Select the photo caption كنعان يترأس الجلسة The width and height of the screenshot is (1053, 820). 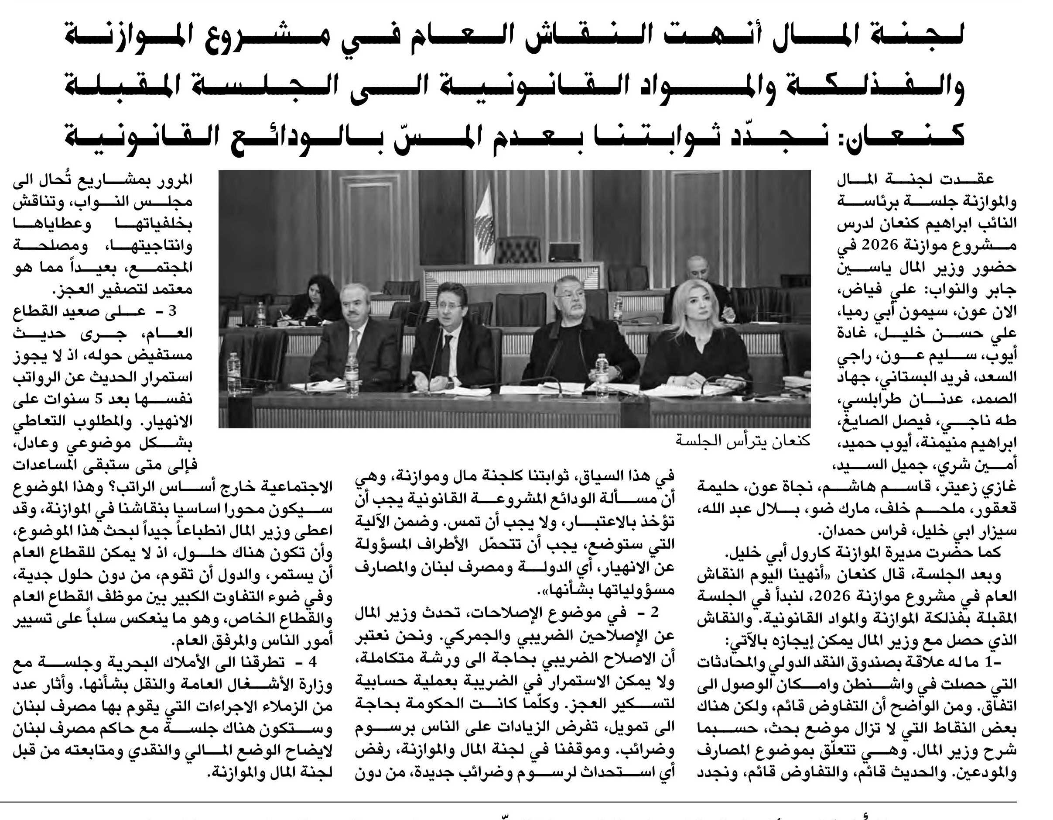point(742,440)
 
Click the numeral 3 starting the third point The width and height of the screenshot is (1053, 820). point(173,311)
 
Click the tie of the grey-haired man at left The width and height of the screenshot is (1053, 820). point(354,341)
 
